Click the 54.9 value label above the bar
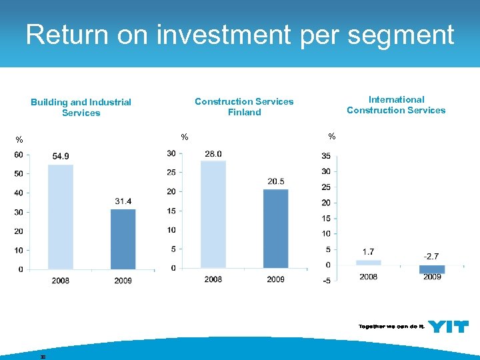[x=61, y=156]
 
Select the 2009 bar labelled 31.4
[x=123, y=239]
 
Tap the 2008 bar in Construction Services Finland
[x=213, y=214]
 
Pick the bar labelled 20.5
[x=276, y=228]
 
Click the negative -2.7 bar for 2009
[x=432, y=269]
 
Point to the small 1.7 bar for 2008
[x=369, y=263]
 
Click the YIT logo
[x=448, y=326]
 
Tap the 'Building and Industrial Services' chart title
[x=81, y=107]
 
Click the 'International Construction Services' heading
[x=396, y=105]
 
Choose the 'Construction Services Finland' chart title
[x=244, y=107]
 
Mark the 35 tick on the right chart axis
[x=325, y=157]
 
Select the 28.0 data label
[x=213, y=154]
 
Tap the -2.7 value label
[x=432, y=256]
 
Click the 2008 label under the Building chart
[x=61, y=281]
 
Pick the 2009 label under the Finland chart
[x=276, y=279]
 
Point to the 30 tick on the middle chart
[x=171, y=153]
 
